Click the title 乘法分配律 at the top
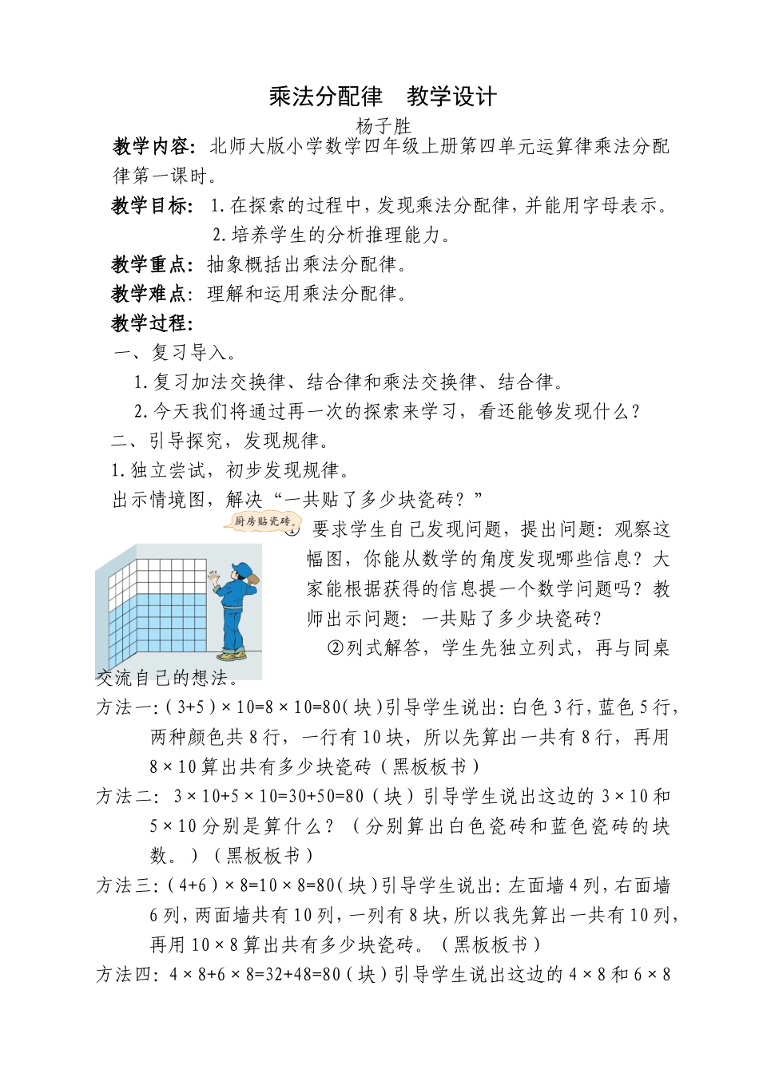tap(326, 97)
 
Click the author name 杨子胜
tap(382, 125)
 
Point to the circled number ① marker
tap(293, 529)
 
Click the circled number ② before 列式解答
tap(335, 647)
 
